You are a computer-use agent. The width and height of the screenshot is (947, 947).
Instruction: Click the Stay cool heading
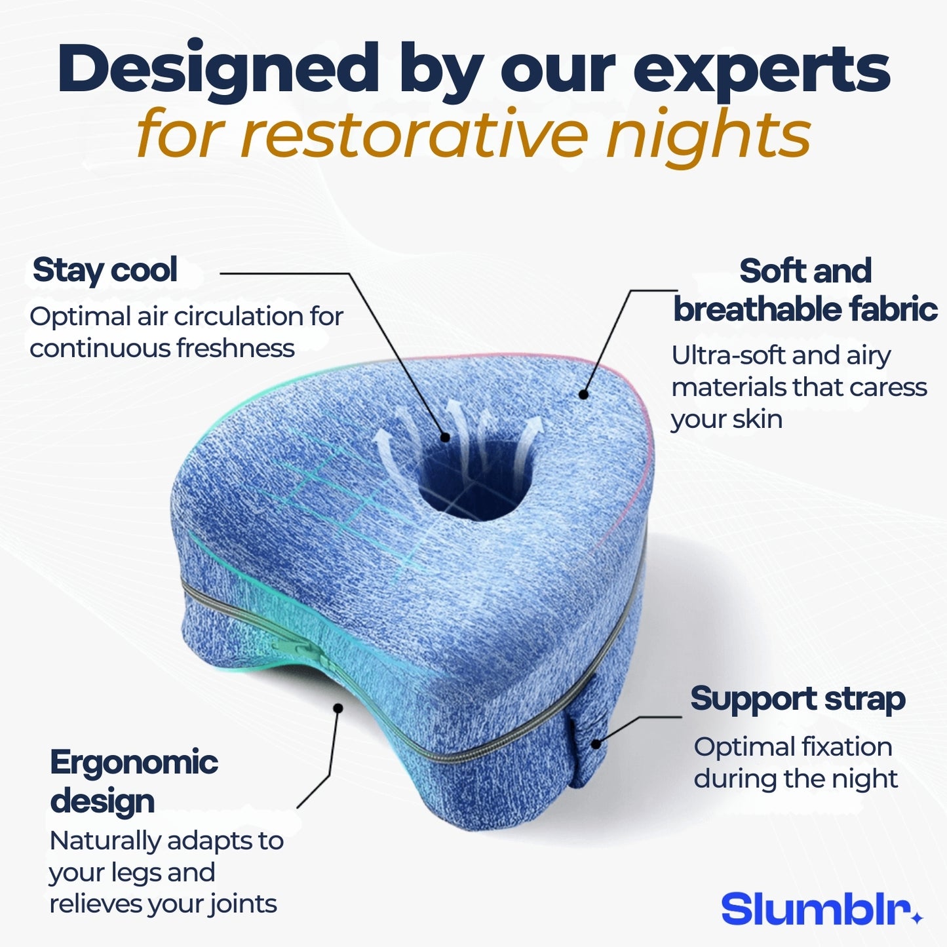click(105, 270)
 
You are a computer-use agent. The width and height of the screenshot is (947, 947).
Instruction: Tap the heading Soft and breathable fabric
click(805, 290)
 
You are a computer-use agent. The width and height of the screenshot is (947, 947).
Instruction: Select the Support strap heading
click(798, 699)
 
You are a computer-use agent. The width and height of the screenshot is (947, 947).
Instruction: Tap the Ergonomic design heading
click(134, 781)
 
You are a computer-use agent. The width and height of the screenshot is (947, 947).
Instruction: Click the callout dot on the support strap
click(596, 744)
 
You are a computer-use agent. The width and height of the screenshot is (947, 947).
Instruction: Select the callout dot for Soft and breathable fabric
click(583, 395)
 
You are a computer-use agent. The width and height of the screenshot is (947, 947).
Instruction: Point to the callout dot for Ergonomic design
click(338, 708)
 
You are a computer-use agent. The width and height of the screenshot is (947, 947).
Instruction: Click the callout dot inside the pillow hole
click(446, 437)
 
